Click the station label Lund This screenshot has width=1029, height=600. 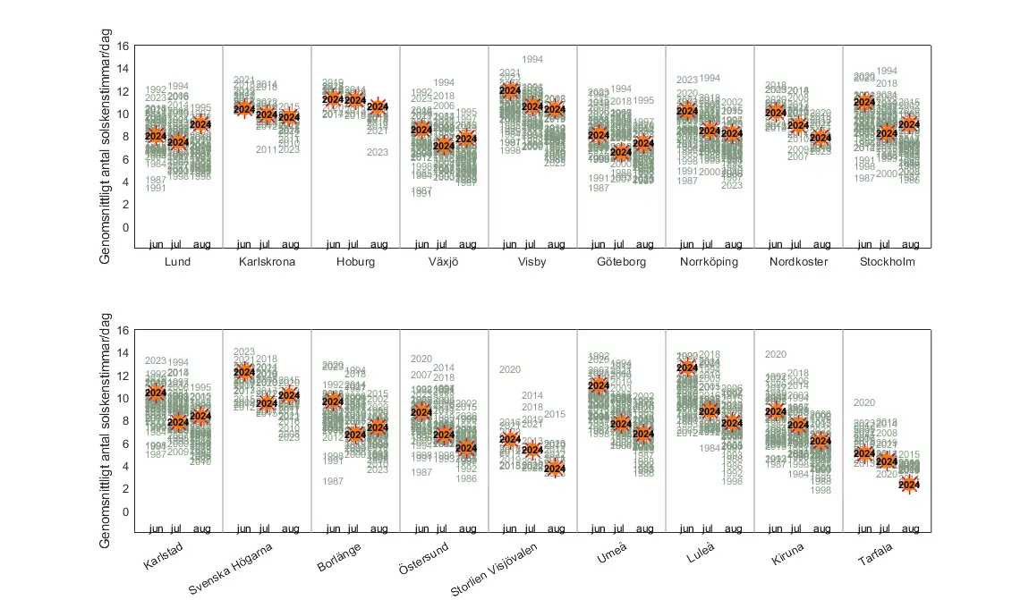[x=178, y=262]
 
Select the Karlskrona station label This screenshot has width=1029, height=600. [x=267, y=262]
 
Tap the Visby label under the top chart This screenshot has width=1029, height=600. [x=532, y=262]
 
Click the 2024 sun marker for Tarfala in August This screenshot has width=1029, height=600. [x=909, y=485]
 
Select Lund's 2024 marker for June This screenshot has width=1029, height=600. [x=156, y=137]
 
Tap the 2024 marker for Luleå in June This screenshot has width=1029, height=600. [x=687, y=368]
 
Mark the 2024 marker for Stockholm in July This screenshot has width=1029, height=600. [x=887, y=134]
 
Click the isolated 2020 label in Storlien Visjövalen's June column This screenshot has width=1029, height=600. [x=510, y=369]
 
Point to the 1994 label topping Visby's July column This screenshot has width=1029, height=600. [x=532, y=59]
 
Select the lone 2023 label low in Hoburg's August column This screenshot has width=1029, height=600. [x=378, y=152]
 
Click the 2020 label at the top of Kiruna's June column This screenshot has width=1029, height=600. [x=776, y=354]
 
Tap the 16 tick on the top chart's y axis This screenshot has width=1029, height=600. [x=124, y=46]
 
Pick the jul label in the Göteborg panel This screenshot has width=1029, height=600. [x=621, y=244]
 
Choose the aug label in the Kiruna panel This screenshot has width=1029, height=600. [x=821, y=528]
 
